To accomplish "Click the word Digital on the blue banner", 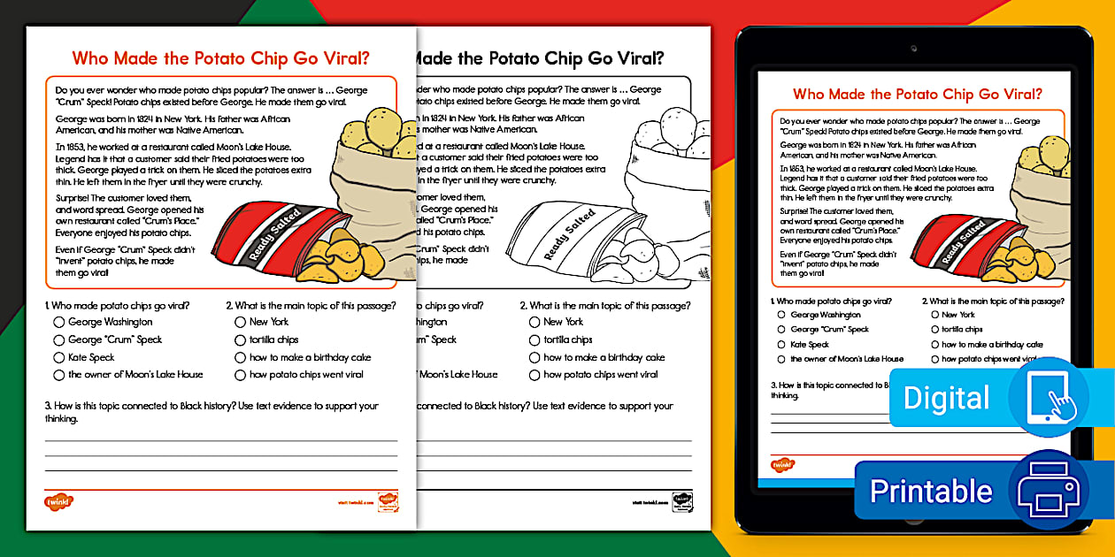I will pos(946,398).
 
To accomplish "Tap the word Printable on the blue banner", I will pos(931,491).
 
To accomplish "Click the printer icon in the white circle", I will pos(1049,489).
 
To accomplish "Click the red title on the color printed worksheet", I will pos(220,59).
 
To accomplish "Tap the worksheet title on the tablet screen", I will pos(917,94).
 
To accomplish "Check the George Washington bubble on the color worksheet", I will pos(59,323).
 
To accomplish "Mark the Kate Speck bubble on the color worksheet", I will pos(59,358).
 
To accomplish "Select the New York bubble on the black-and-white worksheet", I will pos(534,323).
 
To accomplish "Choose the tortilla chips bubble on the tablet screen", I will pos(934,330).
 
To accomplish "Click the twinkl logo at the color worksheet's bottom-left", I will pos(58,502).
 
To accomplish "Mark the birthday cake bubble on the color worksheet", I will pos(240,358).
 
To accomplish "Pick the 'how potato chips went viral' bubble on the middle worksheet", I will pos(534,375).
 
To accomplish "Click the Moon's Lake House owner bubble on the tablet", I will pos(781,359).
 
